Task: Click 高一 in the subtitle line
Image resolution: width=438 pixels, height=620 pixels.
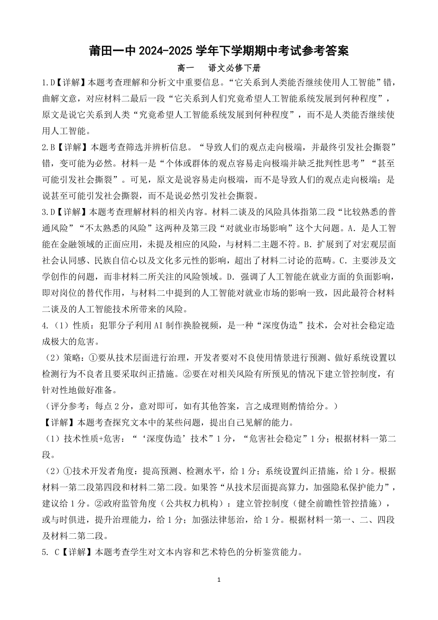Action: tap(185, 68)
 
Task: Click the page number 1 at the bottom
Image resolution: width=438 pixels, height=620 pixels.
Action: tap(219, 580)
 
